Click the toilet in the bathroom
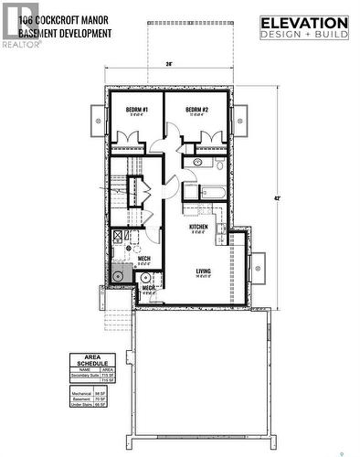pyautogui.click(x=219, y=163)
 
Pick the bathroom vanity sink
pyautogui.click(x=194, y=163)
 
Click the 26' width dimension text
pyautogui.click(x=170, y=64)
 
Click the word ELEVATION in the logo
pyautogui.click(x=304, y=23)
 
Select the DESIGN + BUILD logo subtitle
pyautogui.click(x=304, y=35)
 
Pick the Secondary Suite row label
pyautogui.click(x=82, y=376)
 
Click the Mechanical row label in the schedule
pyautogui.click(x=81, y=392)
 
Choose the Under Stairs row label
pyautogui.click(x=81, y=403)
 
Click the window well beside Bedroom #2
pyautogui.click(x=242, y=119)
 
